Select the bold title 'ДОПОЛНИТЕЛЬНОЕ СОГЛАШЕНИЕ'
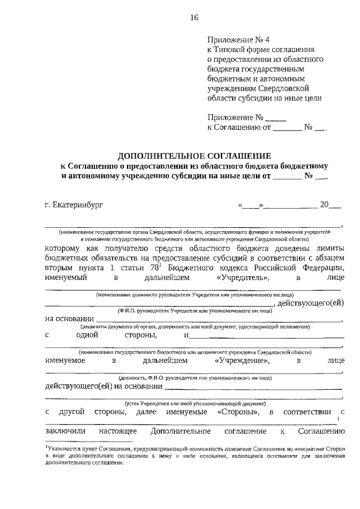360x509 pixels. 194,155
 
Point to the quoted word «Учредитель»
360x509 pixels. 242,277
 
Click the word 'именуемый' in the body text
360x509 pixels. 65,277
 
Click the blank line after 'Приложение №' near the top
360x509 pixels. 276,118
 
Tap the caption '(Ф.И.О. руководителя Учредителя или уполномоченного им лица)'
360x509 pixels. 194,310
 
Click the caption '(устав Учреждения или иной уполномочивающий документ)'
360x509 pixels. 194,403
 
